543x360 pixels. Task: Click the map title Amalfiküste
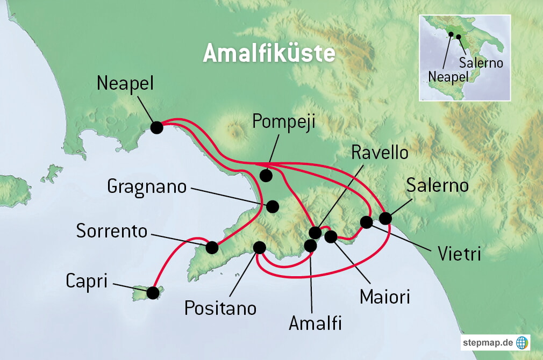[x=269, y=54]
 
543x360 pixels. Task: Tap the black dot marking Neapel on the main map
[x=156, y=127]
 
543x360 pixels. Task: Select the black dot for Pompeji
[x=266, y=175]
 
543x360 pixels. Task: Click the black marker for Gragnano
[x=273, y=206]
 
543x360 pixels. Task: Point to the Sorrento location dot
[x=212, y=247]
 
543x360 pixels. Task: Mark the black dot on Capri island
[x=153, y=293]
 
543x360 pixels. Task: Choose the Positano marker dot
[x=259, y=247]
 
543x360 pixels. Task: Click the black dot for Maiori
[x=331, y=236]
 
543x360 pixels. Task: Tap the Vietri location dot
[x=366, y=222]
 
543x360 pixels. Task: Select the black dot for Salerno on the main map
[x=385, y=218]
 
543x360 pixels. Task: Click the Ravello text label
[x=379, y=152]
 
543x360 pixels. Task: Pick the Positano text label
[x=220, y=308]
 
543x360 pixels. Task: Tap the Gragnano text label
[x=147, y=186]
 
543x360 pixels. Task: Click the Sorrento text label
[x=112, y=231]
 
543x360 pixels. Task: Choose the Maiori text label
[x=385, y=296]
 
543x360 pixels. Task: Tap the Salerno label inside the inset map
[x=481, y=63]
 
